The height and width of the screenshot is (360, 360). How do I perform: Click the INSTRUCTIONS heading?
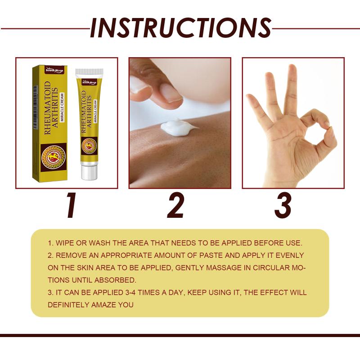point(181,28)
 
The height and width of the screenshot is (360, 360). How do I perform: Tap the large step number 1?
point(72,205)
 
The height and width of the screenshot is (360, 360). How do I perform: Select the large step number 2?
point(175,205)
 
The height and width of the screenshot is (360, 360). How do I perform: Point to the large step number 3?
point(283,205)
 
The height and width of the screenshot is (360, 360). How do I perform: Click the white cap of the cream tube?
point(89,171)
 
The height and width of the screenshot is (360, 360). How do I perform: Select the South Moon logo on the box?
point(54,70)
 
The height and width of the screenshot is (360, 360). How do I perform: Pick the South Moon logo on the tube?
point(90,82)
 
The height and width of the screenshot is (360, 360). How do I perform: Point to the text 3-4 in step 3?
point(130,292)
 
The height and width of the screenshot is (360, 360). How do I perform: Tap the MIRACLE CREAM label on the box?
point(62,107)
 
